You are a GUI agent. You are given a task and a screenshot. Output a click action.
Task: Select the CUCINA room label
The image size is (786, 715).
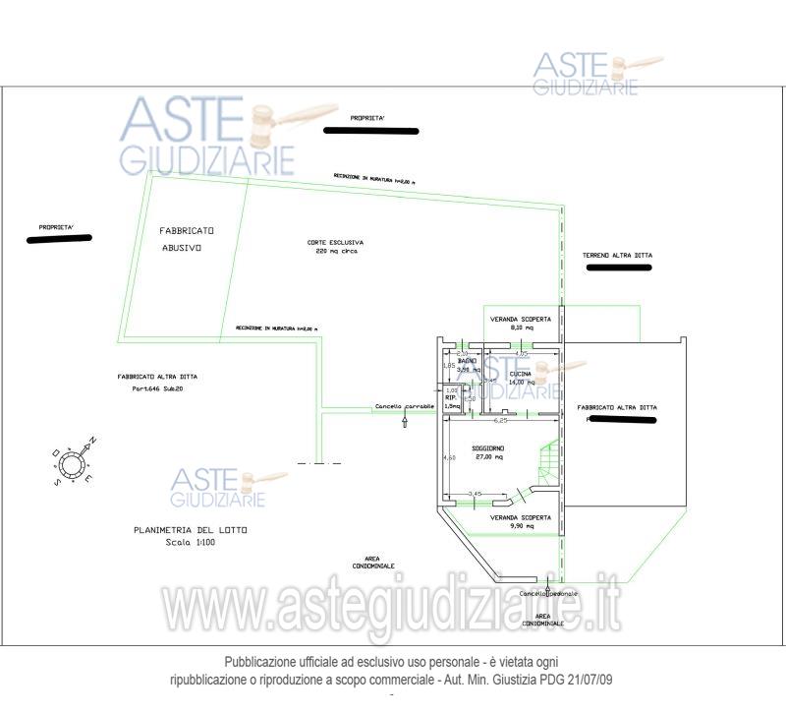[521, 375]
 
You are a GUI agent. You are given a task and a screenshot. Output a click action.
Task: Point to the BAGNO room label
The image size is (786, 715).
[469, 361]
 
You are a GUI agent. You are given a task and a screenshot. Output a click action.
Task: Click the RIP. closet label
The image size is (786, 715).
[451, 397]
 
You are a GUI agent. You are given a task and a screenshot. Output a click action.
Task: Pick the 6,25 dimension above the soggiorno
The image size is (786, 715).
[501, 420]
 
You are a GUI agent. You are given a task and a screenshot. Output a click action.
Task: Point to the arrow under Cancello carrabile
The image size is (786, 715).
[405, 422]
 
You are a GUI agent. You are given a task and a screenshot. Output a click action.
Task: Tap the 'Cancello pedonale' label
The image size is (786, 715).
[549, 594]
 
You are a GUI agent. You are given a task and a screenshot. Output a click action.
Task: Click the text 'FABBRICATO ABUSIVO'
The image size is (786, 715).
[186, 239]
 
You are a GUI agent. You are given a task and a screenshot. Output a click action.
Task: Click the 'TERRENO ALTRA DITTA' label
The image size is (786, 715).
[617, 256]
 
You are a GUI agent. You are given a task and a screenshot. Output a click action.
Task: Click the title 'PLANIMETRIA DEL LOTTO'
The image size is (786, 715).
[191, 530]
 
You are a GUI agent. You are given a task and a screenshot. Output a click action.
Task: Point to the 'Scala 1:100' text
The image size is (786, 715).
[191, 542]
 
